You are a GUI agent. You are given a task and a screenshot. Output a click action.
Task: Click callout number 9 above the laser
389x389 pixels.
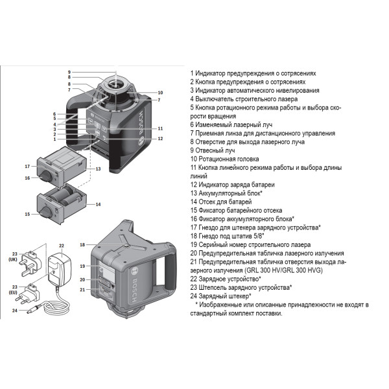[69, 71]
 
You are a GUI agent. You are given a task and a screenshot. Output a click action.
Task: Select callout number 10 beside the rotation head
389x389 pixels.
[160, 92]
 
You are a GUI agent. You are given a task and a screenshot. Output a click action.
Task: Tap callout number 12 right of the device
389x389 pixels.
[160, 138]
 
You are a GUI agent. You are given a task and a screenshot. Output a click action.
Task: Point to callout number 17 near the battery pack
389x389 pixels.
[28, 165]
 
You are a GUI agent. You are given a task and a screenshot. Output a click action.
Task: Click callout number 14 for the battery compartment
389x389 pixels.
[98, 204]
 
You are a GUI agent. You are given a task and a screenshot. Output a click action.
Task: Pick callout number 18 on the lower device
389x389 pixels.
[82, 244]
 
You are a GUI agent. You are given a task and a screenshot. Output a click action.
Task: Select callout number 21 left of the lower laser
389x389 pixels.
[82, 289]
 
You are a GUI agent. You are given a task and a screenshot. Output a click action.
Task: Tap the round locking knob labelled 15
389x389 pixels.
[47, 213]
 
